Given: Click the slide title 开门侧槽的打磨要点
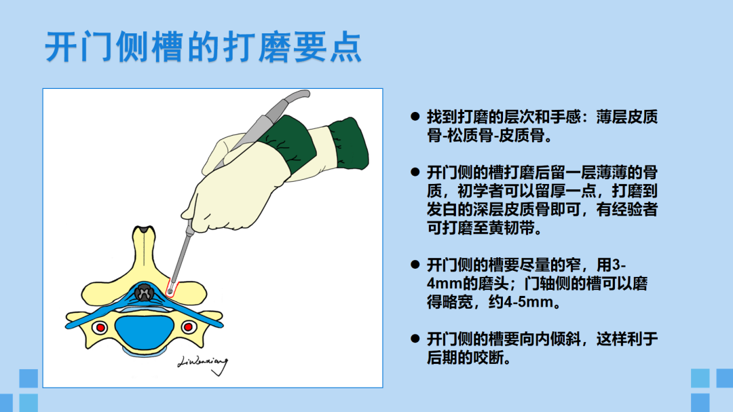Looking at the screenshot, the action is pos(204,48).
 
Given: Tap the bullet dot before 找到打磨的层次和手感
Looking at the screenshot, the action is pos(415,117).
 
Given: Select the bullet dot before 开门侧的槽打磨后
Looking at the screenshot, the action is pos(415,172).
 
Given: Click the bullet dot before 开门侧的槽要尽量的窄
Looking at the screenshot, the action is pos(415,265).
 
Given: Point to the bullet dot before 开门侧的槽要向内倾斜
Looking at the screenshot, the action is pos(415,339).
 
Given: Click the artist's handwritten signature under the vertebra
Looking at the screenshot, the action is pos(204,364).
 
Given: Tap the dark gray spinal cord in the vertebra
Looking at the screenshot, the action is pos(144,293).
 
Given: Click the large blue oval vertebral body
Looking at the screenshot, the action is pos(145,331).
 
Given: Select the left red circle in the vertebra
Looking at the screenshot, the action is pos(100,327).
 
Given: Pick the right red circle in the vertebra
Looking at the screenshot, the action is pos(189,327).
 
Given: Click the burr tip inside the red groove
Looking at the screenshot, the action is pos(170,292).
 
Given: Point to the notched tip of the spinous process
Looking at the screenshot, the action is pos(143,230).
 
